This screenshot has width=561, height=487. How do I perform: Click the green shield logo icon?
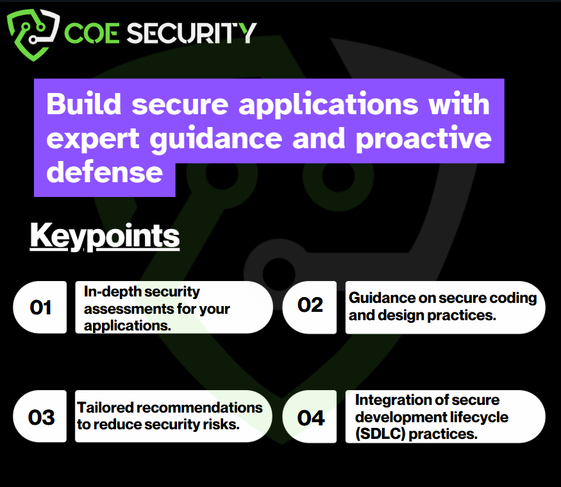click(x=33, y=34)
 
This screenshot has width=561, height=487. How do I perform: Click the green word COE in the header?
click(x=92, y=33)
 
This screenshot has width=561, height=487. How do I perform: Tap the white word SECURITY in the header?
click(x=192, y=33)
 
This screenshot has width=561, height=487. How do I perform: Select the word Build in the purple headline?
click(x=84, y=104)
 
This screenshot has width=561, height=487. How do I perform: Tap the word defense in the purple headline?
click(x=105, y=173)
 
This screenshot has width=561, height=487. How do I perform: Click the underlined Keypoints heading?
click(x=105, y=236)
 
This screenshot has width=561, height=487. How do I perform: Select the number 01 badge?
click(x=40, y=307)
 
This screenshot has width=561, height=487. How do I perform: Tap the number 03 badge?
click(x=40, y=416)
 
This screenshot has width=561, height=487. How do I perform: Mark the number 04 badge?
click(x=310, y=416)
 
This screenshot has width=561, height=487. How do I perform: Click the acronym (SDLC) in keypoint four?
click(x=380, y=434)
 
